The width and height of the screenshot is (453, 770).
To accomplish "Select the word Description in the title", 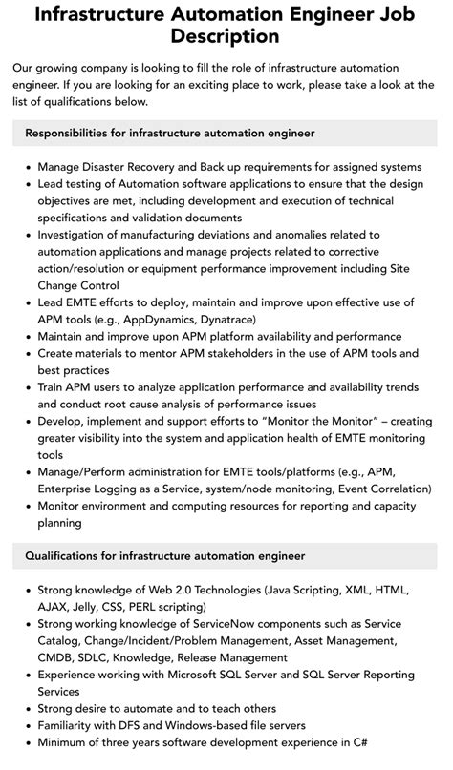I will click(226, 38).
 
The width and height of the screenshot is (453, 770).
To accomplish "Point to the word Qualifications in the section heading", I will click(73, 555).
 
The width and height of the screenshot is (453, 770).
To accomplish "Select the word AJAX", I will click(56, 605).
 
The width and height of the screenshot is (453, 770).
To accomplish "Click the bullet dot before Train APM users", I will click(28, 388).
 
